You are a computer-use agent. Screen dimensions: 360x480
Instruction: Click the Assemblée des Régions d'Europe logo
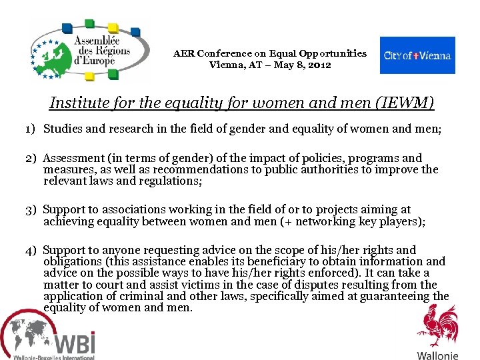coord(90,51)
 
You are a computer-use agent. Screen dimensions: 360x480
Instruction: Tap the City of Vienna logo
coord(417,55)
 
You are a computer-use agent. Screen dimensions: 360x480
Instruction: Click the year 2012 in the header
coord(319,65)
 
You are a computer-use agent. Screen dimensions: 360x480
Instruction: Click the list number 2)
coord(31,159)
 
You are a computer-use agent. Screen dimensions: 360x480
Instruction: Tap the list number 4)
coord(31,251)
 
